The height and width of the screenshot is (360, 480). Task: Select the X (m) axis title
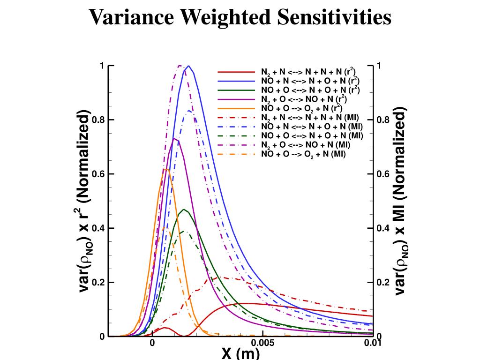240,353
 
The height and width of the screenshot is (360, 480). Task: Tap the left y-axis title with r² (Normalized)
85,202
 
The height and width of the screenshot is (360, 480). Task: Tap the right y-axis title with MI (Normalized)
399,202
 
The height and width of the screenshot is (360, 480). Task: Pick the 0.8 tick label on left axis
99,120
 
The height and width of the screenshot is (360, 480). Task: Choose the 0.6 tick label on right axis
382,174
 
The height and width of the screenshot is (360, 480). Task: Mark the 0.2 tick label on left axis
99,283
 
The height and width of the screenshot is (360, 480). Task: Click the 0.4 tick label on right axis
382,228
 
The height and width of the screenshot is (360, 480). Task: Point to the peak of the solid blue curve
188,66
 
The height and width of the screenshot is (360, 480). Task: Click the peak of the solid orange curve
166,169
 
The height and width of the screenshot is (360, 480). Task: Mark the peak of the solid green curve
184,209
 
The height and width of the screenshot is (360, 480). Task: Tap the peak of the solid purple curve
174,138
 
